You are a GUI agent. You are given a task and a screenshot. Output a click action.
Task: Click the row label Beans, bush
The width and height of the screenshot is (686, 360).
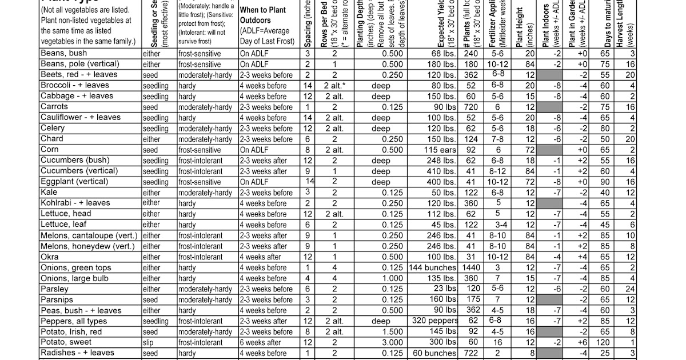63,53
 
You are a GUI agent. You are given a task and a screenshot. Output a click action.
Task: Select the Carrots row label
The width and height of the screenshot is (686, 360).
54,107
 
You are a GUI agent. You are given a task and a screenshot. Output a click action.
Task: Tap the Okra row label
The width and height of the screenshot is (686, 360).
50,257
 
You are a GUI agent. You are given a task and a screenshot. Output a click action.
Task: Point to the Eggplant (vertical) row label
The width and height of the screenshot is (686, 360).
74,182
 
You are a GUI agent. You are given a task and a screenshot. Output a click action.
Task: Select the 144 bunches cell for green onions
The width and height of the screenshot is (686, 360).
433,267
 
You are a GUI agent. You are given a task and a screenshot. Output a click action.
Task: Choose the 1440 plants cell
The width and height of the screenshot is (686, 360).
472,267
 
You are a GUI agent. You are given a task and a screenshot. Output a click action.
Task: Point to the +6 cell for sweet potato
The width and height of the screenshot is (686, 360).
582,343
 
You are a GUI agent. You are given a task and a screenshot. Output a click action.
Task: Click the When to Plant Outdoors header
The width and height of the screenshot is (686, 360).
266,26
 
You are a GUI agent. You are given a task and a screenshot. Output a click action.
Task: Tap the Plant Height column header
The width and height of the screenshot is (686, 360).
521,26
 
